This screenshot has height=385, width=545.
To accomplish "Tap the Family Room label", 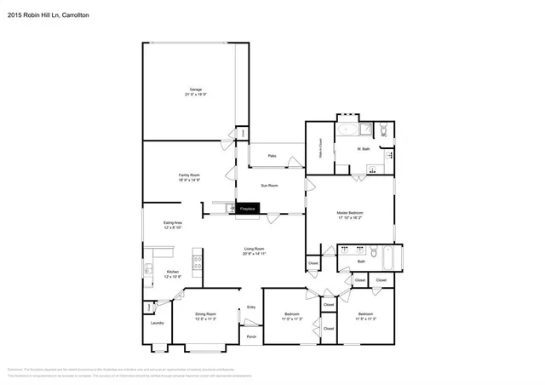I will click(x=189, y=176).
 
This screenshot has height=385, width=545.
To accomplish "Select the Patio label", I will click(x=272, y=156).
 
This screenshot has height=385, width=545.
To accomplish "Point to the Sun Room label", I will click(x=268, y=185).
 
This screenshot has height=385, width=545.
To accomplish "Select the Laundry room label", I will click(x=157, y=323).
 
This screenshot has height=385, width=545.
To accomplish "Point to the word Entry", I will click(x=251, y=307).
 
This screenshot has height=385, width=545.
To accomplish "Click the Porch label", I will click(x=251, y=336).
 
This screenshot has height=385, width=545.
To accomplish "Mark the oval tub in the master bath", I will click(x=348, y=130).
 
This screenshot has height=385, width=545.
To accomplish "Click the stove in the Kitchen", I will click(x=198, y=262).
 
